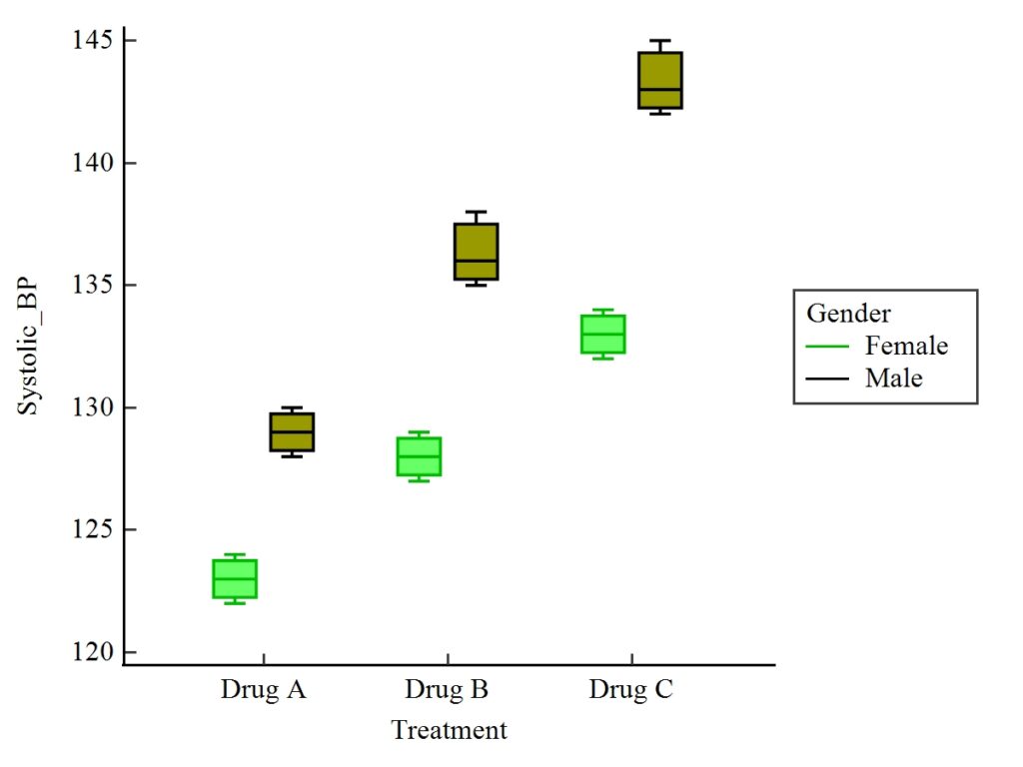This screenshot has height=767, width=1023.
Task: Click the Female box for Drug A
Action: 235,579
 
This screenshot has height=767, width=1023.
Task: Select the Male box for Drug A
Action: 292,432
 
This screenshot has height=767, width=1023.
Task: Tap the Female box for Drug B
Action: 419,456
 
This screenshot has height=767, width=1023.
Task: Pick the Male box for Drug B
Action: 477,252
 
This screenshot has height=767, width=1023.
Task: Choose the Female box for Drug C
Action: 603,335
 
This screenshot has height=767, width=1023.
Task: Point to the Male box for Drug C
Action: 660,80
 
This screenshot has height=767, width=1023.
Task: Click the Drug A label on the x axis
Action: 263,690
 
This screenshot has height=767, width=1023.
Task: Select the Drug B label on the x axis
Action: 447,690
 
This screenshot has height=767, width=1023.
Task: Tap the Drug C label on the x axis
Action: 630,690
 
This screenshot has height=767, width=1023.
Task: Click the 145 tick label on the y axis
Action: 89,41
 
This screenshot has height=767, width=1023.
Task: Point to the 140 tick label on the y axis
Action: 89,163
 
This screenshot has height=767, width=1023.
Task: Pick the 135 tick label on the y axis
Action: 89,286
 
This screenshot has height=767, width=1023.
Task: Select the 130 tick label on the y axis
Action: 89,407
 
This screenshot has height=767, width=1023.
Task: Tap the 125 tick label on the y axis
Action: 89,530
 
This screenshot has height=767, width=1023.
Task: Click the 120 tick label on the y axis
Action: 89,652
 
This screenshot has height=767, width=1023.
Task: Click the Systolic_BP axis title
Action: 29,347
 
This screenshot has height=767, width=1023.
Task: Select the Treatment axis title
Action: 449,730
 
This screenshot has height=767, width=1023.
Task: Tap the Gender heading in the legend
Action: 848,314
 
